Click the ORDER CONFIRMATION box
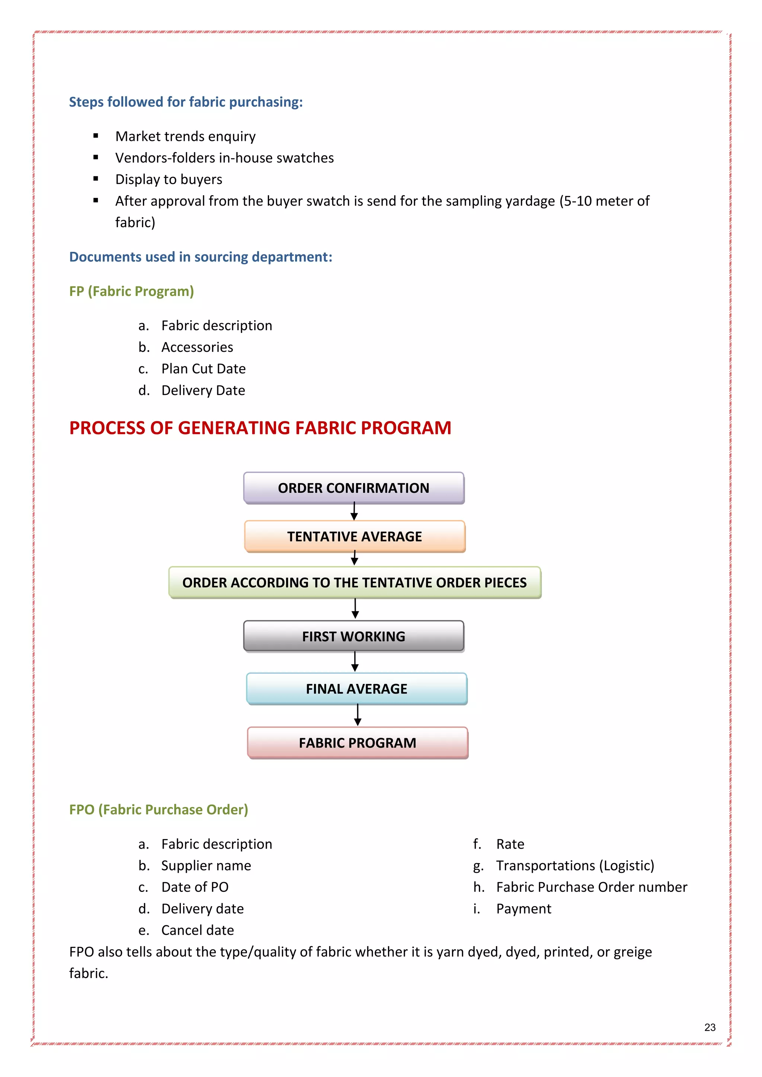pos(354,488)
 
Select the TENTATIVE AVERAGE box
pos(355,536)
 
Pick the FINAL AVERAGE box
pos(356,689)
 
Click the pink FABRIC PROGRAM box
pos(358,743)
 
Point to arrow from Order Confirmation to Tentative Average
pos(354,511)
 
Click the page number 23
pos(710,1027)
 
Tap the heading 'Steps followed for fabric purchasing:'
pos(186,102)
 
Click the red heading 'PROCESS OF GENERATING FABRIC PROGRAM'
pos(260,428)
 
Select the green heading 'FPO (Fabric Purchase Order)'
pos(159,809)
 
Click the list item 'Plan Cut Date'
pos(203,369)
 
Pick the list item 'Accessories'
pos(197,347)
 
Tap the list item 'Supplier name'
pos(206,865)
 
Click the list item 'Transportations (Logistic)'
pos(575,865)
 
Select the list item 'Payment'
pos(524,909)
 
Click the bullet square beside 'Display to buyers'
pos(96,179)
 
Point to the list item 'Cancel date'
pos(198,930)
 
